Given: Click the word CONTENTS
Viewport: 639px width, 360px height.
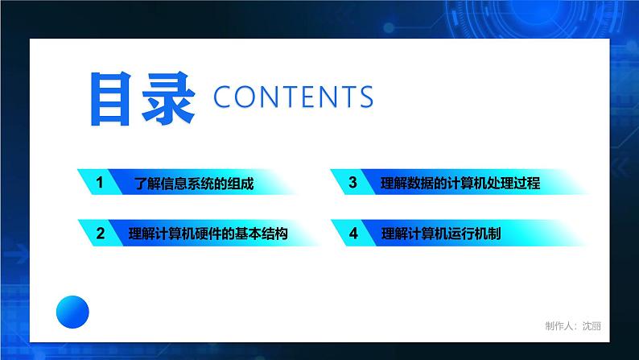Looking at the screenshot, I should point(294,97).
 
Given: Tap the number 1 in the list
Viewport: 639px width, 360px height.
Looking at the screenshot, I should point(99,183).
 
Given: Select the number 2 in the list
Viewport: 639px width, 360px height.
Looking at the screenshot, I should point(100,234).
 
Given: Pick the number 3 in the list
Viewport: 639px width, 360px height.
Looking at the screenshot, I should point(352,183).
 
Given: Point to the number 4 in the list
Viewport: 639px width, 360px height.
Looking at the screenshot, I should point(352,234).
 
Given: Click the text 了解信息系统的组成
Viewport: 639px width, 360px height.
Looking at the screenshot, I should point(194,184).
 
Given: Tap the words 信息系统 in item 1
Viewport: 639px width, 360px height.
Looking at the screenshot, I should point(188,184).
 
